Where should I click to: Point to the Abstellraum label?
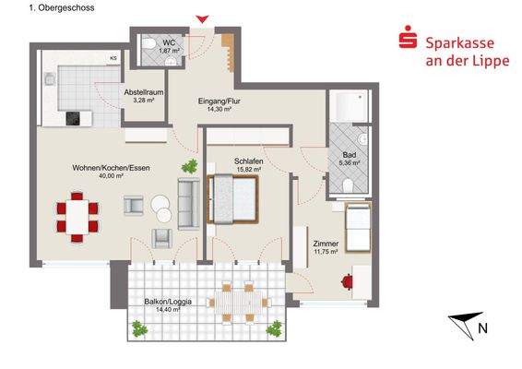coord(145,95)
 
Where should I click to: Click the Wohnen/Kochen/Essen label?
coord(111,168)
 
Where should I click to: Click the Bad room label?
coord(349,158)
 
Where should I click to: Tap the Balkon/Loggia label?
coord(167,304)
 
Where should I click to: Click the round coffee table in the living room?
coord(163,208)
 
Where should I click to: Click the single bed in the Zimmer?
coord(358,228)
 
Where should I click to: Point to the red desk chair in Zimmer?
coord(347,281)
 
